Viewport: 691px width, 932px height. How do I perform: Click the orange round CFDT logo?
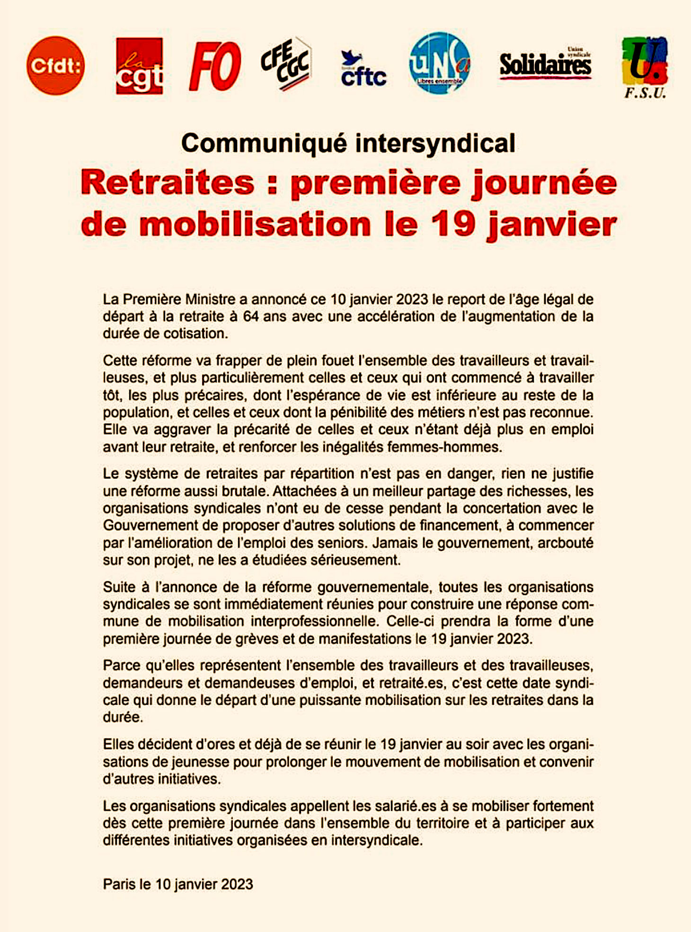click(x=55, y=65)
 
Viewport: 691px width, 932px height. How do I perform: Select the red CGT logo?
click(x=139, y=66)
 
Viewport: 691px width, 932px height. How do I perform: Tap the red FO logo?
click(x=215, y=66)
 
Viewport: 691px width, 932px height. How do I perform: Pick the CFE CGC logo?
click(x=286, y=64)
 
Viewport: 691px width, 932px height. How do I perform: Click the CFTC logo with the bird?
click(x=363, y=70)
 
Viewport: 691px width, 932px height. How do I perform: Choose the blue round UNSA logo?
click(x=440, y=63)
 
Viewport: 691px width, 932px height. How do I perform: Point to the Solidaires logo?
click(x=545, y=64)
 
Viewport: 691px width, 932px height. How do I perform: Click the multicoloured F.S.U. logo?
click(x=645, y=66)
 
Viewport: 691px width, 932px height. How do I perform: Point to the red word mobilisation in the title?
click(x=255, y=224)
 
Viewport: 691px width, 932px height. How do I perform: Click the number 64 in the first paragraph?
click(x=251, y=316)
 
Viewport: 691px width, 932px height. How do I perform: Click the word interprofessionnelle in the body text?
click(x=314, y=621)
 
